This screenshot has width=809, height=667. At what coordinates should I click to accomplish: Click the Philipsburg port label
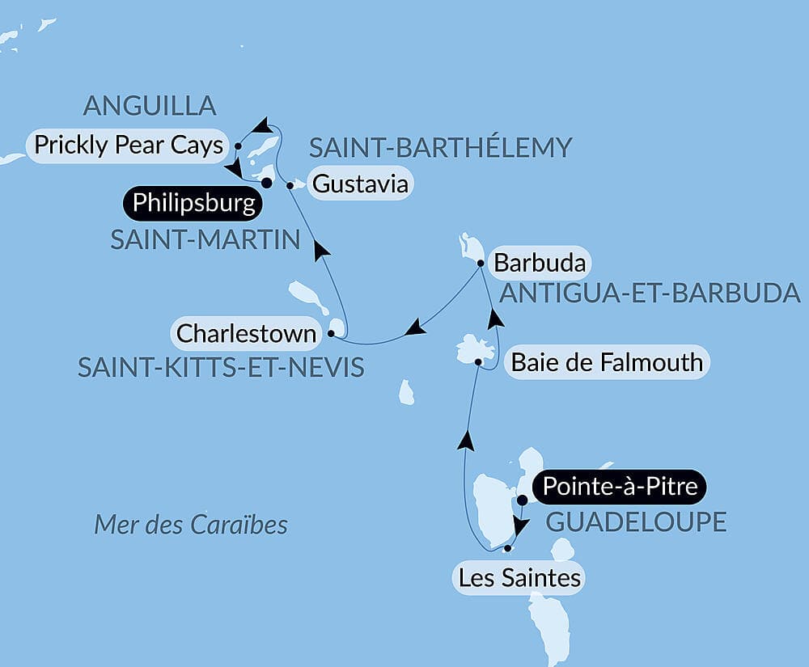(x=193, y=203)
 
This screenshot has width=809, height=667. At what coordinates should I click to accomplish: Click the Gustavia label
(x=360, y=184)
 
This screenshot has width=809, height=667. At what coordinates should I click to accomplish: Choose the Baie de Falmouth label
(x=607, y=361)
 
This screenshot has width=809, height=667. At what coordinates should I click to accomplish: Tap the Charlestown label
(x=246, y=333)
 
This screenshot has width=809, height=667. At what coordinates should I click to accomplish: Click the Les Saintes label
(x=519, y=578)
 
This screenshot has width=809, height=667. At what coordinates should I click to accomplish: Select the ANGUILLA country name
(x=150, y=106)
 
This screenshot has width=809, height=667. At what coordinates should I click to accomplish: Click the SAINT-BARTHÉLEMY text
(x=441, y=148)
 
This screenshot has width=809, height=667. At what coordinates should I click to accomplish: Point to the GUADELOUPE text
(x=636, y=522)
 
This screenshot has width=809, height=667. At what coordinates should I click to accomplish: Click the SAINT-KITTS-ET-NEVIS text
(x=221, y=368)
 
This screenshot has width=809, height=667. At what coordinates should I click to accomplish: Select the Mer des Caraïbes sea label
(x=191, y=525)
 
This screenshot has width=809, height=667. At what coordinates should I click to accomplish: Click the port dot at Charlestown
(x=331, y=333)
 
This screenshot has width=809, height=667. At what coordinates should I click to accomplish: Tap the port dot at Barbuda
(x=481, y=264)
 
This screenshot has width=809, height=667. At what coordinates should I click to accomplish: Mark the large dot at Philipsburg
(x=266, y=183)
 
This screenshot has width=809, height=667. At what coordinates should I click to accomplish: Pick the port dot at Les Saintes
(x=507, y=549)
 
